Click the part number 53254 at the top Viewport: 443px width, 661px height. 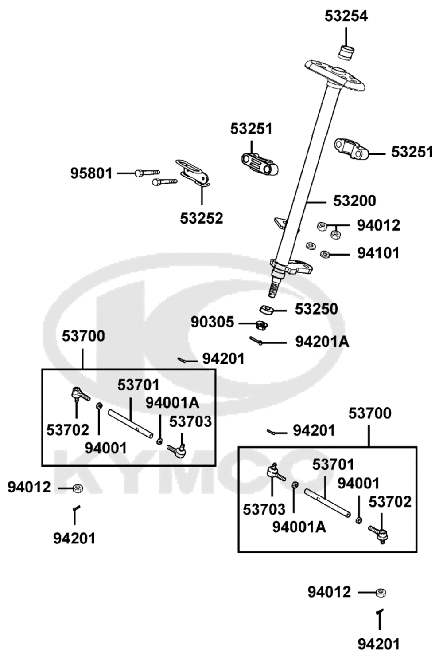tap(346, 16)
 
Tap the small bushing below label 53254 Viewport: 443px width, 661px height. tap(346, 53)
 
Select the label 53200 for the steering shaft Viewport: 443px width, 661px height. tap(354, 201)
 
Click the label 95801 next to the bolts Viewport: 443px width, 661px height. tap(91, 173)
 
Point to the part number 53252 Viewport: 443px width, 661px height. tap(202, 218)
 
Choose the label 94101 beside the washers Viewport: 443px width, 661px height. tap(378, 253)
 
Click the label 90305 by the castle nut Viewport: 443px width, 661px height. tap(212, 322)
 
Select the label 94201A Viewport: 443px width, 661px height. tap(322, 342)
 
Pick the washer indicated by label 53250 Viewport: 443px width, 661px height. tap(266, 310)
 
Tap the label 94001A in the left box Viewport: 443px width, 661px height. tap(172, 403)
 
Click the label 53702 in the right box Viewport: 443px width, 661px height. tap(390, 502)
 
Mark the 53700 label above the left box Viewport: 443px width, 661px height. tap(83, 336)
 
